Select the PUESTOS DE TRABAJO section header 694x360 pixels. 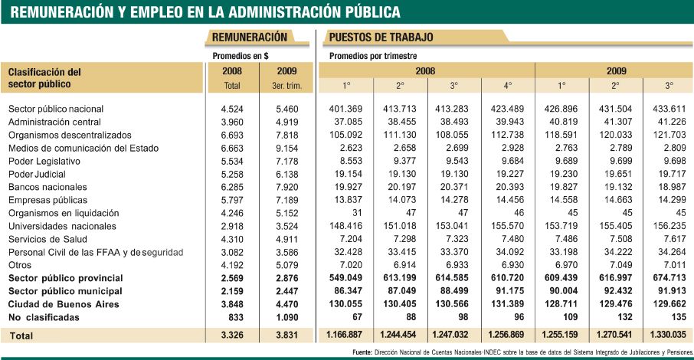click(381, 37)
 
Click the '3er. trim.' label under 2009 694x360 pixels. click(286, 87)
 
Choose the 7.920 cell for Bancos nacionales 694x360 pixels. click(287, 187)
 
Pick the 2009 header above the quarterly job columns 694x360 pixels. click(614, 70)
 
